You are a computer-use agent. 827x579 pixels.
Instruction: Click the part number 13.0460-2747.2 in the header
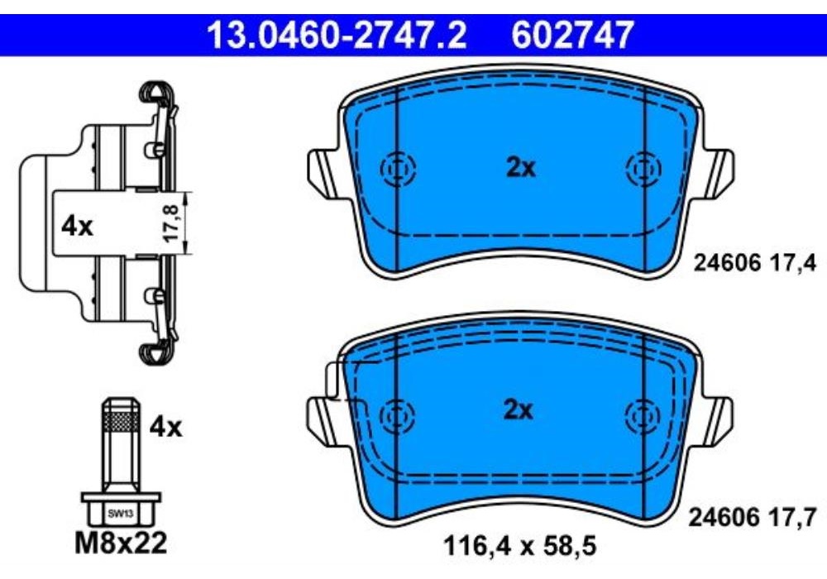point(336,35)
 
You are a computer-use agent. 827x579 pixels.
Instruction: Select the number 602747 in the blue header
point(571,35)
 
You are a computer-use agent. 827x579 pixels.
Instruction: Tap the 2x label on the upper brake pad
point(520,168)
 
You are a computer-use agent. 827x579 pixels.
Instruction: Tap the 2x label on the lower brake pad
point(519,409)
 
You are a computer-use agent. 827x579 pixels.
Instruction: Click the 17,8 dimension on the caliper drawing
point(171,223)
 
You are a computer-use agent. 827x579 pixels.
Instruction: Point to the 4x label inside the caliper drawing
point(77,227)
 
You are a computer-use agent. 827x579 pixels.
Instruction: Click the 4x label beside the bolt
point(165,427)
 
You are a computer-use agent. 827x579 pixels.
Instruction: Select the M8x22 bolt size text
point(121,543)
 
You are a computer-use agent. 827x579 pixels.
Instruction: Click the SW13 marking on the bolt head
point(120,513)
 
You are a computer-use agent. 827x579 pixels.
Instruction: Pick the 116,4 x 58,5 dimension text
point(520,546)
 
